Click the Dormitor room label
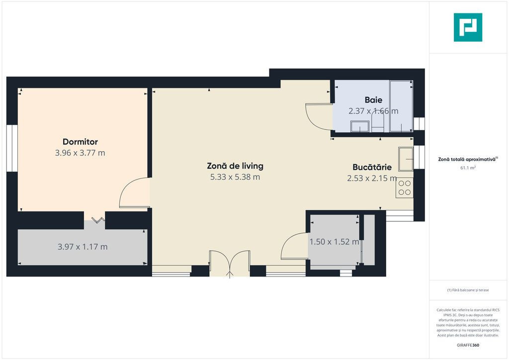point(80,142)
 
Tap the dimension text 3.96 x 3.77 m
point(80,153)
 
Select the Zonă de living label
point(235,166)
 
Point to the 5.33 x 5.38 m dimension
point(235,177)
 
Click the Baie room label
point(373,100)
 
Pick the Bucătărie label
point(372,167)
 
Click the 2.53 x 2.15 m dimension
point(372,178)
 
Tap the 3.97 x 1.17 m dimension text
point(83,247)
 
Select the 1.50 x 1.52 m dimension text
point(334,242)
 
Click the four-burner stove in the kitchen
point(404,187)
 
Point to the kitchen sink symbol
point(406,159)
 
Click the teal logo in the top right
point(468,27)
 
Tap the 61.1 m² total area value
point(468,168)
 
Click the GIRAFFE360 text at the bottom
point(468,345)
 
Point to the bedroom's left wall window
point(12,148)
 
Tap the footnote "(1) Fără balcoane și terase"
point(468,290)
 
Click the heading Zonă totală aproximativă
point(467,160)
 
